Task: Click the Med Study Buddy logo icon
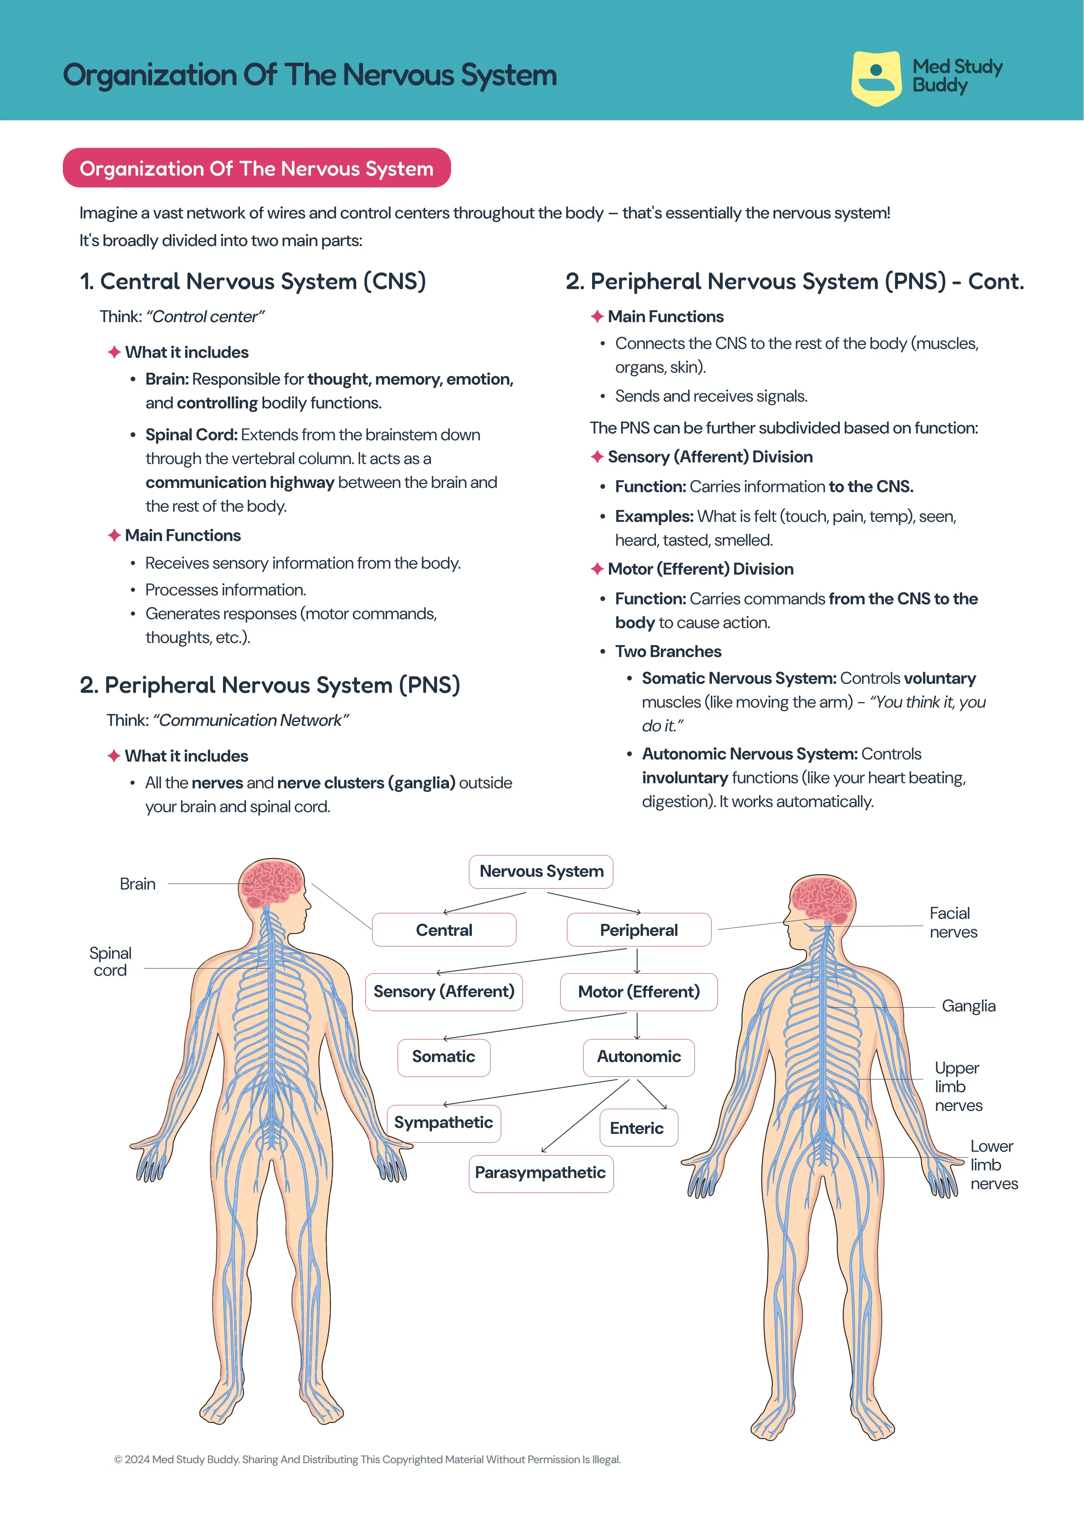pyautogui.click(x=876, y=78)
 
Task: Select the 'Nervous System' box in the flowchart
pyautogui.click(x=541, y=871)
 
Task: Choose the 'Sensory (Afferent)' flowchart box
pyautogui.click(x=444, y=991)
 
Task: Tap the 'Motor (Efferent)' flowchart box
pyautogui.click(x=639, y=991)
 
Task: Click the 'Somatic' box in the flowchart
pyautogui.click(x=444, y=1057)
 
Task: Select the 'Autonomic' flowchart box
pyautogui.click(x=639, y=1057)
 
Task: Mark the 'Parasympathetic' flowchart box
pyautogui.click(x=541, y=1173)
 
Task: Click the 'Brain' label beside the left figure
pyautogui.click(x=138, y=884)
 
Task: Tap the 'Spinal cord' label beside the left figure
pyautogui.click(x=110, y=961)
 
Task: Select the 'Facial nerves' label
pyautogui.click(x=953, y=922)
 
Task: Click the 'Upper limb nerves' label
pyautogui.click(x=959, y=1086)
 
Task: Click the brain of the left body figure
pyautogui.click(x=272, y=883)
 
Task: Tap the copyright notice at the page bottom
pyautogui.click(x=367, y=1459)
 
